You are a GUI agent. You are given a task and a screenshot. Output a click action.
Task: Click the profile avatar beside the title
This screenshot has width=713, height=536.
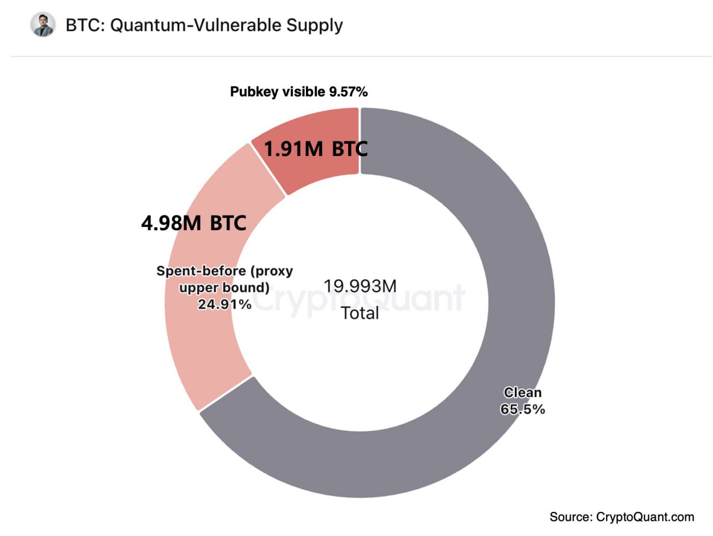click(x=43, y=25)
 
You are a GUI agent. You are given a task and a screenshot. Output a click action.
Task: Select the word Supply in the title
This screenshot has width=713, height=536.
click(x=315, y=25)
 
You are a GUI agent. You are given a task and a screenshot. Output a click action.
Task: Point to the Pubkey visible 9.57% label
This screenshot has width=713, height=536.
click(x=299, y=92)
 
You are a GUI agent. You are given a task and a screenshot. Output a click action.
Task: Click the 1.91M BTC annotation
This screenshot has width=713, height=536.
click(x=315, y=149)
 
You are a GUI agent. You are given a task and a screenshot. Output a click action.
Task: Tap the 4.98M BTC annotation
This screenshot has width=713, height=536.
click(x=193, y=223)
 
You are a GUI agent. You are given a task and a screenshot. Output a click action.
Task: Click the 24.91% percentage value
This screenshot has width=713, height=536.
click(x=224, y=304)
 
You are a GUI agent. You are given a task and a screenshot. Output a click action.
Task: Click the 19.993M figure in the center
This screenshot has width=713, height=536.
click(x=360, y=286)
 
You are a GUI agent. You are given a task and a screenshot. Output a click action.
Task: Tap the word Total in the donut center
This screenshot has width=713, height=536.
click(x=360, y=313)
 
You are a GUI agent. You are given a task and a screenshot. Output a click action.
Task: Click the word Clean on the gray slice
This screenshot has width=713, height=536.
click(x=522, y=393)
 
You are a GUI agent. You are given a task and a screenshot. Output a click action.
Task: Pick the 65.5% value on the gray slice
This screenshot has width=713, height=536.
click(x=522, y=410)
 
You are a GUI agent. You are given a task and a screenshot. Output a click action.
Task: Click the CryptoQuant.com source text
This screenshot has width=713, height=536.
click(x=644, y=517)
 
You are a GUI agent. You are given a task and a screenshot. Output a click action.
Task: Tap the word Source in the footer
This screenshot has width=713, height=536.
click(x=570, y=517)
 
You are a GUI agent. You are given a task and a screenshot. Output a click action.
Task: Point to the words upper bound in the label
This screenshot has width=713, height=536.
click(x=224, y=288)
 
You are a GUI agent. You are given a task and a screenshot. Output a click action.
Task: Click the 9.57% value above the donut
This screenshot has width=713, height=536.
click(x=348, y=92)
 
